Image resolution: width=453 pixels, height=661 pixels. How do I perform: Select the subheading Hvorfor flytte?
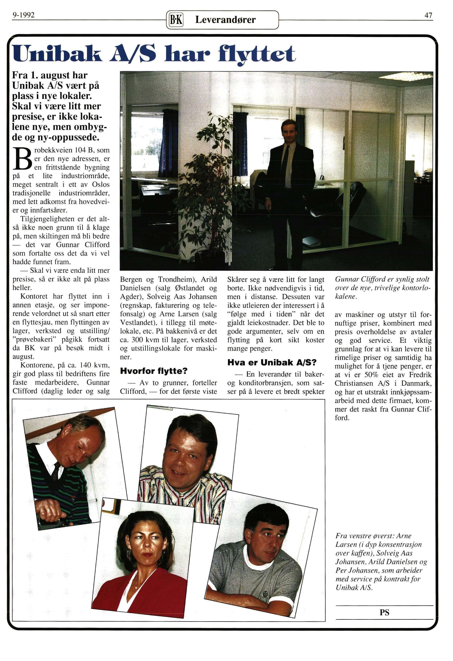(x=154, y=371)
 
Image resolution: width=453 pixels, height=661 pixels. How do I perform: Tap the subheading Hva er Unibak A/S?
(x=272, y=362)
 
